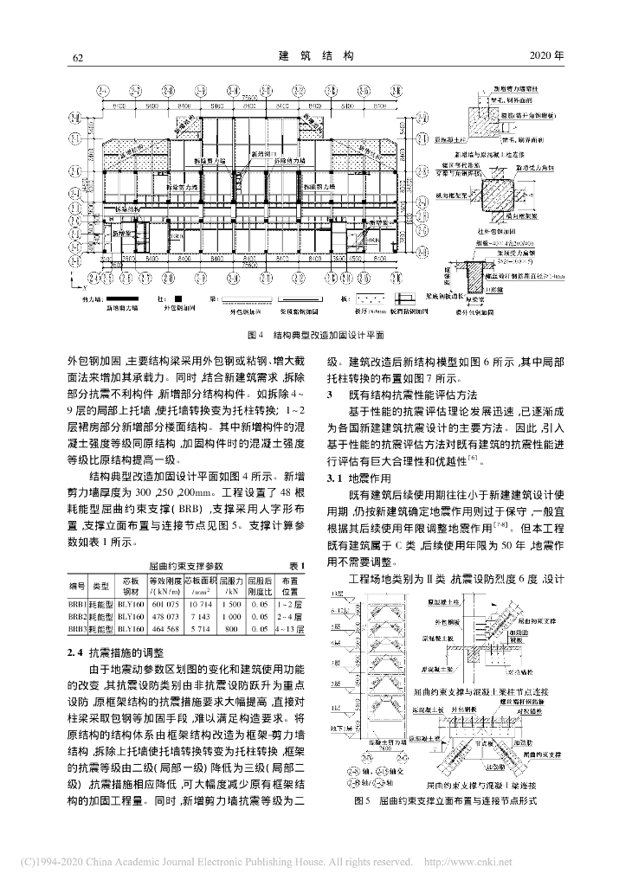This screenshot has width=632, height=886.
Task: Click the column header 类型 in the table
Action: click(100, 585)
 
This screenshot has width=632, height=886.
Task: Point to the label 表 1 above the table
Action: click(294, 564)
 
